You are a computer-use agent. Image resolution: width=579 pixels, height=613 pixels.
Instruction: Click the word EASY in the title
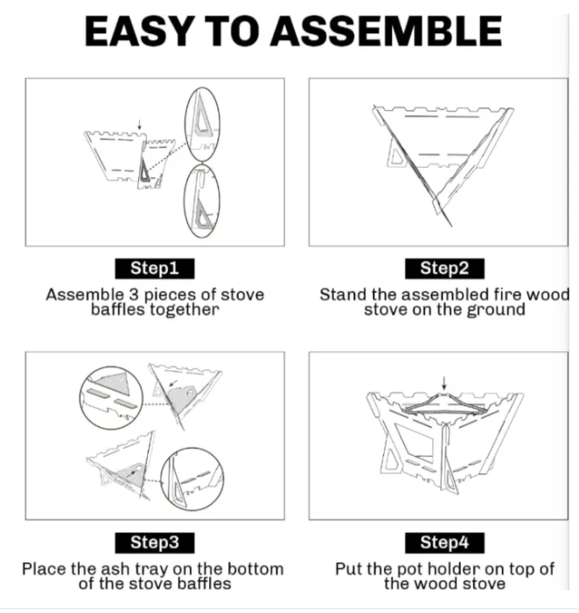pos(139,31)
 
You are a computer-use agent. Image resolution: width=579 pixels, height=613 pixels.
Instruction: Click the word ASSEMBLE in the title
pos(386,31)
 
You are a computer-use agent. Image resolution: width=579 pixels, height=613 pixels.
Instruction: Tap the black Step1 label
pos(155,269)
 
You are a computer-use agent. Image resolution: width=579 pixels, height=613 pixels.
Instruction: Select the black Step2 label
pos(444,269)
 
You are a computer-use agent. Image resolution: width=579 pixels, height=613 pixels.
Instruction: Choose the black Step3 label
pos(155,543)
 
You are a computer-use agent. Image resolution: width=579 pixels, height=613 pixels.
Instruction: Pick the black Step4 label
pos(444,543)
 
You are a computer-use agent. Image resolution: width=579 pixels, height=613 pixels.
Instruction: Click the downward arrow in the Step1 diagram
pos(139,125)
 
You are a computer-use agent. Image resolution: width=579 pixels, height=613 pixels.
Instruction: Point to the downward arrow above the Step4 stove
pos(444,383)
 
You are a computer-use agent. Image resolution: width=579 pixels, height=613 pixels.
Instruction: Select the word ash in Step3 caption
pos(116,569)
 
